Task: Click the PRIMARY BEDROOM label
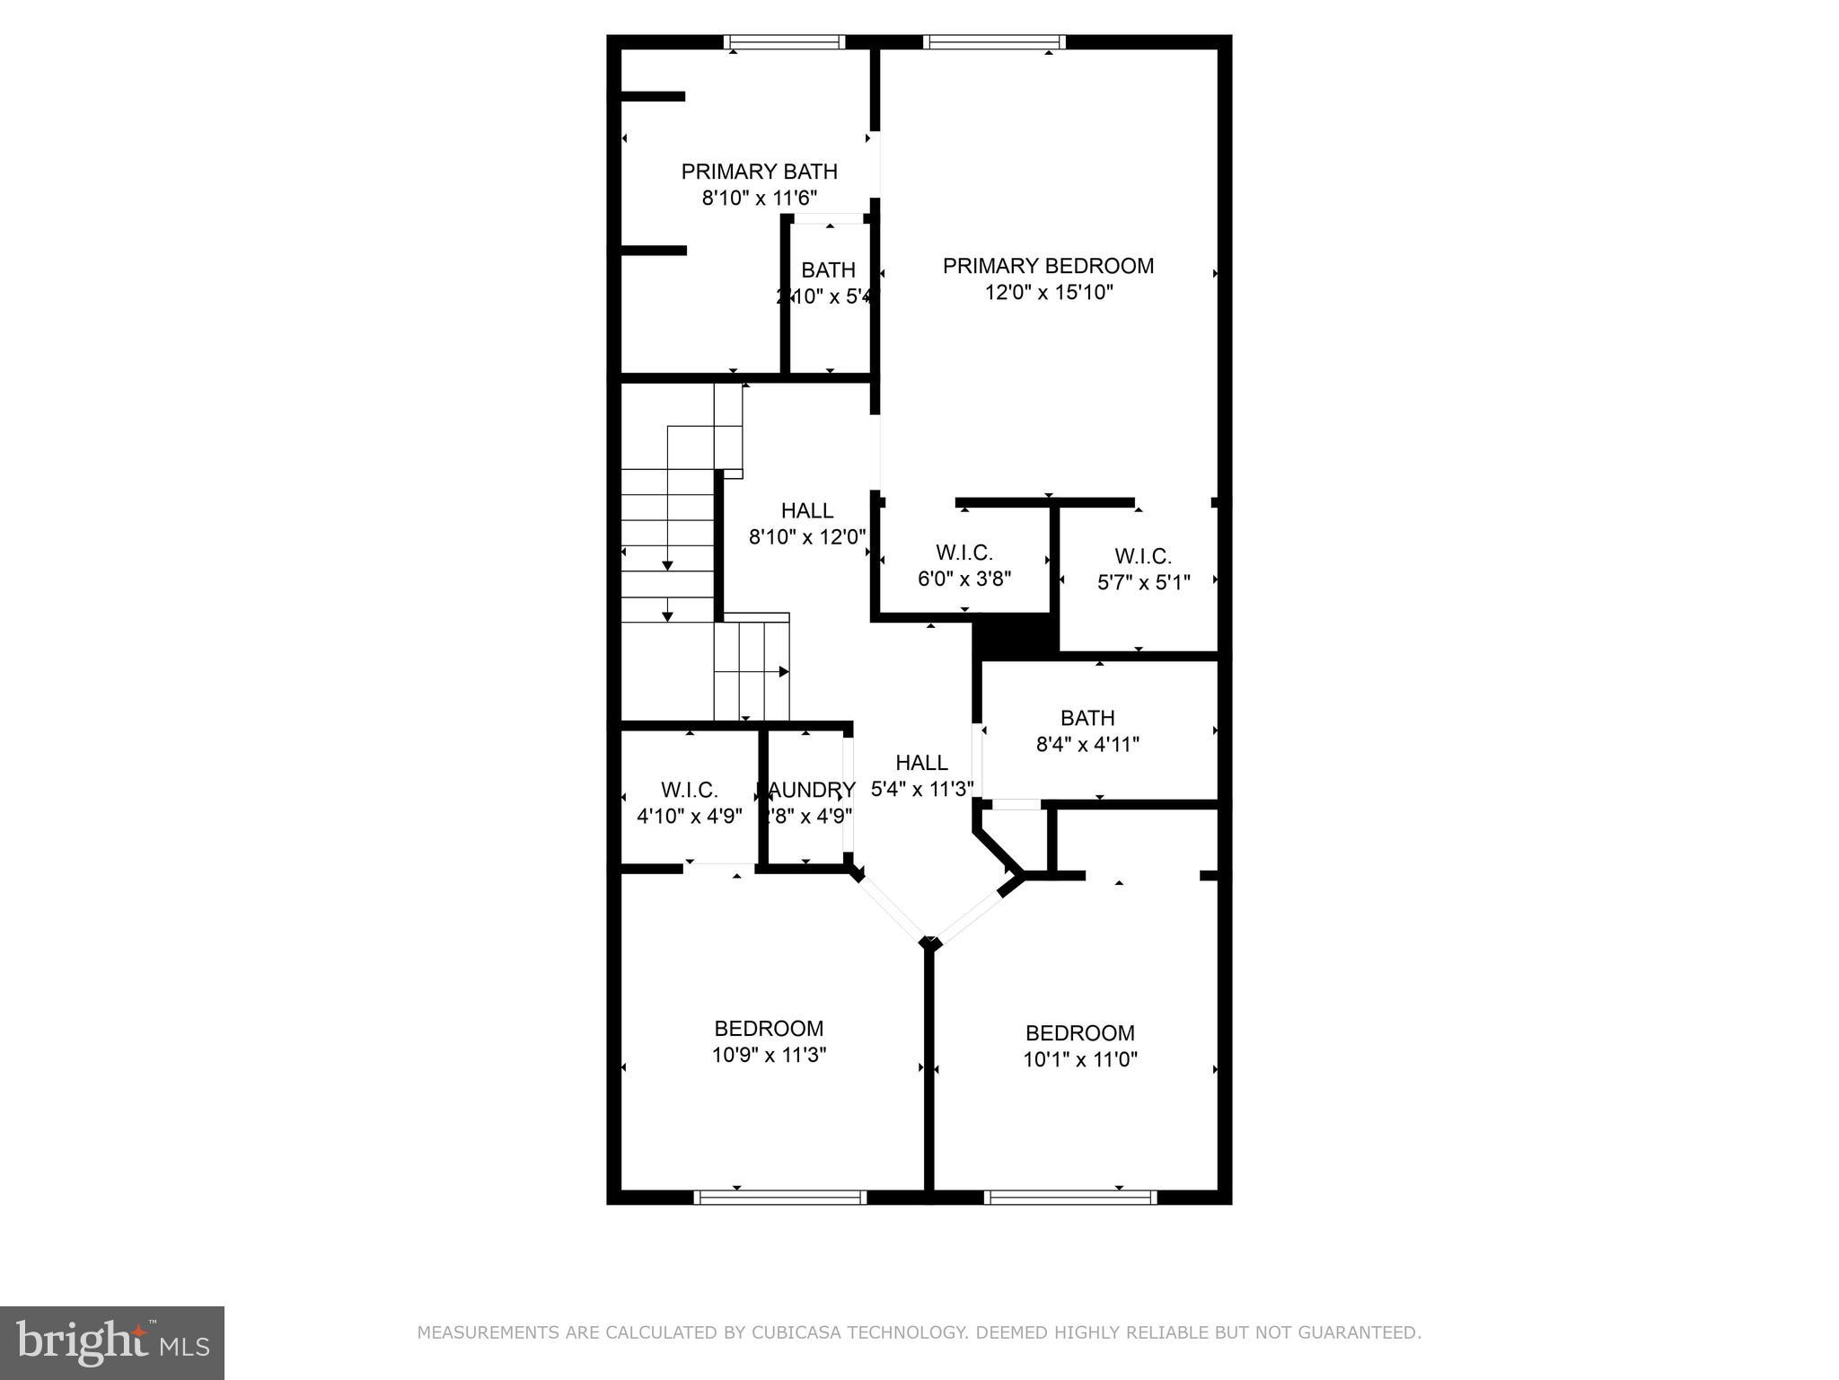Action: pos(1048,266)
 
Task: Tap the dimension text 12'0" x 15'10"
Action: pos(1049,293)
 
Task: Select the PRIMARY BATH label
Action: pos(759,172)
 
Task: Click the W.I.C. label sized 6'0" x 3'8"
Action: pos(963,553)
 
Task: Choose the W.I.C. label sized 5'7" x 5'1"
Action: pos(1143,556)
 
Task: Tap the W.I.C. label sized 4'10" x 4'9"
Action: pos(689,790)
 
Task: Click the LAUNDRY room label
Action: pos(806,790)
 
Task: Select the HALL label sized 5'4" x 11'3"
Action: pos(921,763)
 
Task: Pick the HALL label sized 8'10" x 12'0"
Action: pos(806,510)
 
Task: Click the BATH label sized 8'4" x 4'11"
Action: pos(1087,718)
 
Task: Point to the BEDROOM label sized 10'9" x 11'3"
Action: pos(769,1028)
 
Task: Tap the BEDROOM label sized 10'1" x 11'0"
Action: pos(1079,1032)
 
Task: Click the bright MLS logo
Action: pos(111,1342)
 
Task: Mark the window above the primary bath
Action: pos(784,41)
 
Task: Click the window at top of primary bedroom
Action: pos(994,41)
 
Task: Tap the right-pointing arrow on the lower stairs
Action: pos(783,671)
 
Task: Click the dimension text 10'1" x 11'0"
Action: pos(1079,1059)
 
